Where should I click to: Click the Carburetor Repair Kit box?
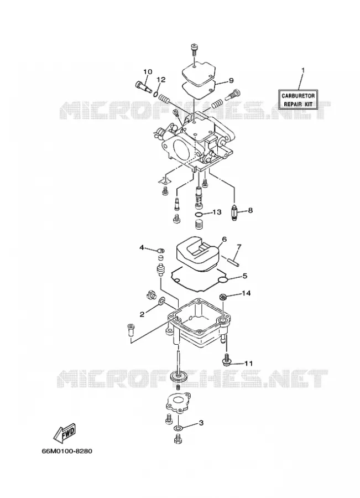coord(298,100)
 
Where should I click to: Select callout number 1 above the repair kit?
coord(302,70)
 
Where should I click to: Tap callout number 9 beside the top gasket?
coord(231,80)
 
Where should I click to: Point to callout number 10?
coord(148,72)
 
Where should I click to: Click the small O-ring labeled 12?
coord(155,94)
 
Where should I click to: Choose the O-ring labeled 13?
coord(199,215)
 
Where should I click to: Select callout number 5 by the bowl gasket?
coord(245,276)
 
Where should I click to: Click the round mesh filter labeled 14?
coord(223,297)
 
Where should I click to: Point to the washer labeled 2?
coord(161,300)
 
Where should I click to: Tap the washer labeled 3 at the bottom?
coord(179,428)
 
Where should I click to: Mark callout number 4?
coord(142,247)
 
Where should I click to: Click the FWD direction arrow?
coord(65,433)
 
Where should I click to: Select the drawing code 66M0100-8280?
coord(67,451)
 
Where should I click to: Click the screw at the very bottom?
coord(178,439)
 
